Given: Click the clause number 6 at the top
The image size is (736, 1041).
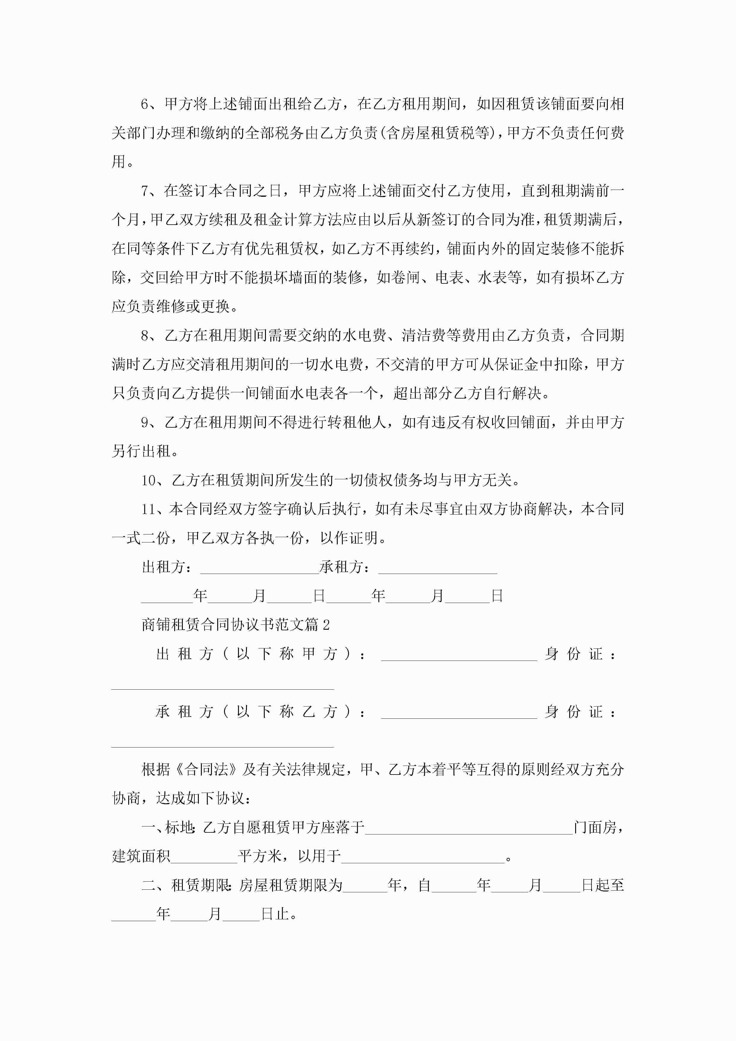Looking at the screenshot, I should tap(145, 104).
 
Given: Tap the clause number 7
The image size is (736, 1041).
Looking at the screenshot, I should tap(145, 191).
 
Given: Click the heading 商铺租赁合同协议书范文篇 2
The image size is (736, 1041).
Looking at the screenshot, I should tap(235, 625).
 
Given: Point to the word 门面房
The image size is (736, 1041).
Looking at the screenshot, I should tap(595, 827).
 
